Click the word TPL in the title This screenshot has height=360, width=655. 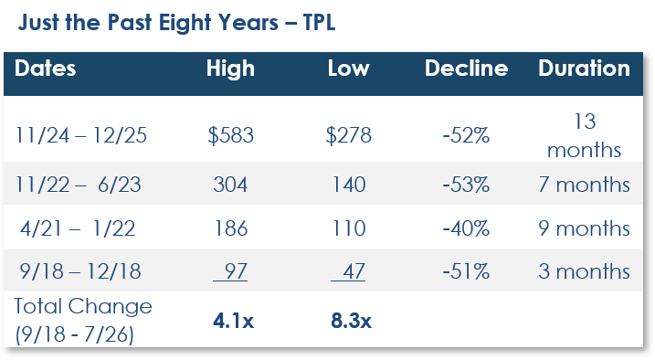tap(319, 22)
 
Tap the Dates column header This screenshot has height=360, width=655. tap(45, 69)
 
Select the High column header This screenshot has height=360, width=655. tap(230, 69)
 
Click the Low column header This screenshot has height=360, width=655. tap(348, 69)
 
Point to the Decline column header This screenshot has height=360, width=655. tap(466, 69)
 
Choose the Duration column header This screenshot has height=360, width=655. tap(584, 69)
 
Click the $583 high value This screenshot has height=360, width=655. tap(230, 135)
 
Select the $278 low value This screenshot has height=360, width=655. tap(348, 135)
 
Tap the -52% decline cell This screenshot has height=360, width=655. tap(466, 135)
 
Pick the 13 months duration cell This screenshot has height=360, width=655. tap(585, 135)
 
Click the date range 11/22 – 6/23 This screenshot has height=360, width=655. tap(79, 185)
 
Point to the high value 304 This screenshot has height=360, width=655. tap(230, 185)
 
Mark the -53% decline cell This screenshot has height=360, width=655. tap(466, 185)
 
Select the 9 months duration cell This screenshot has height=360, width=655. tap(584, 228)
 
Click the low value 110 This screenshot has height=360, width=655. tap(349, 228)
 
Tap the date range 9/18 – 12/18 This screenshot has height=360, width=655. tap(80, 271)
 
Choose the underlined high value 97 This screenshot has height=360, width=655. tap(230, 271)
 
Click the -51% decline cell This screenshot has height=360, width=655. tap(466, 271)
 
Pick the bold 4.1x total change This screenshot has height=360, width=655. tap(233, 321)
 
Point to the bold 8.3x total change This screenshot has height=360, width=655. tap(351, 321)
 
